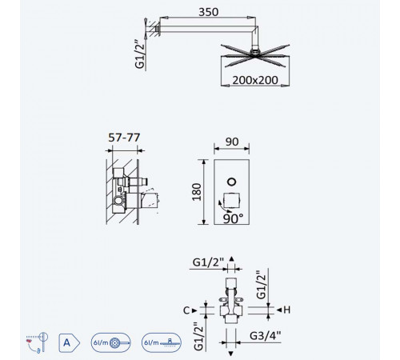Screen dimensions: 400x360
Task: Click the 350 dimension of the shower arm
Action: coord(209,12)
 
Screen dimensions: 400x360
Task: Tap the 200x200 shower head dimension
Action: coord(255,80)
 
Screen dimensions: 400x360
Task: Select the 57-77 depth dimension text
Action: coord(124,138)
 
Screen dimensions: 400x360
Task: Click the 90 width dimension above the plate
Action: coord(232,142)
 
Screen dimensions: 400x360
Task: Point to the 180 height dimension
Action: coord(197,192)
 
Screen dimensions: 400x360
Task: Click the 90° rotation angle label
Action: coord(233,218)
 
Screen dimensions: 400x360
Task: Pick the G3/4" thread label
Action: coord(265,335)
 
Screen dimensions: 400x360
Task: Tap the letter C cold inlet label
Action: coord(186,310)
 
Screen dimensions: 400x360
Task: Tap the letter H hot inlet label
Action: coord(287,310)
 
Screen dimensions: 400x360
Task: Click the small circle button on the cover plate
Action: coord(232,182)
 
